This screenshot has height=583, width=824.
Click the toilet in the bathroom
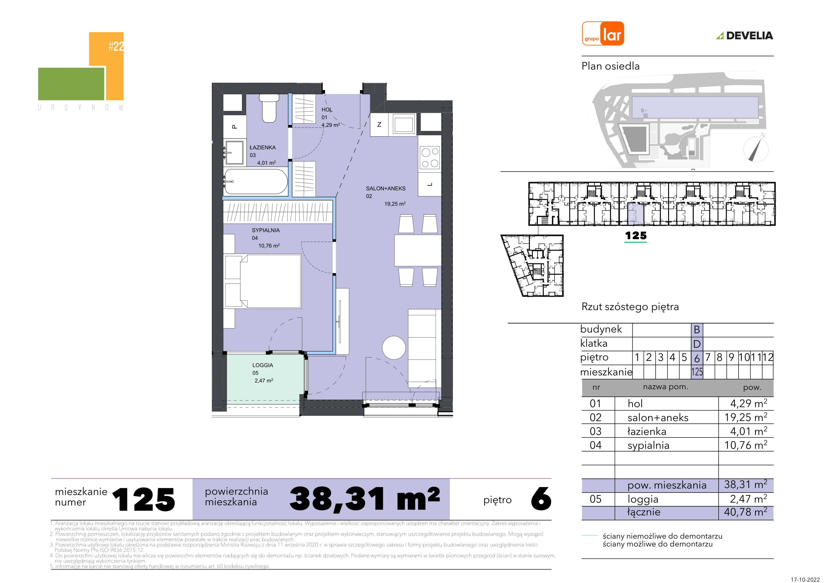(269, 108)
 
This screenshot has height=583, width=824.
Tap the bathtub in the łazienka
(256, 182)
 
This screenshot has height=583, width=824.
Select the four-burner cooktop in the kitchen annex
(430, 158)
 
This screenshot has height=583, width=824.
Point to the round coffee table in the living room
(394, 348)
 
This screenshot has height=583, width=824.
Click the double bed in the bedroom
(263, 281)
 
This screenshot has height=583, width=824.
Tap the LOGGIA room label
(263, 365)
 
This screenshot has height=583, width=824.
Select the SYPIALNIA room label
(266, 230)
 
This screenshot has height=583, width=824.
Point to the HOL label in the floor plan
(327, 110)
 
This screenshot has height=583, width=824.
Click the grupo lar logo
(603, 34)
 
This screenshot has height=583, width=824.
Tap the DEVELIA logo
(745, 36)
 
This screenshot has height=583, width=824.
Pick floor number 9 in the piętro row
(731, 357)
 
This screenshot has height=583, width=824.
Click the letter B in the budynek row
(697, 330)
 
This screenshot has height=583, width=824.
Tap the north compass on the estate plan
(755, 149)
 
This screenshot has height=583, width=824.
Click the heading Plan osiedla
(611, 66)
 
